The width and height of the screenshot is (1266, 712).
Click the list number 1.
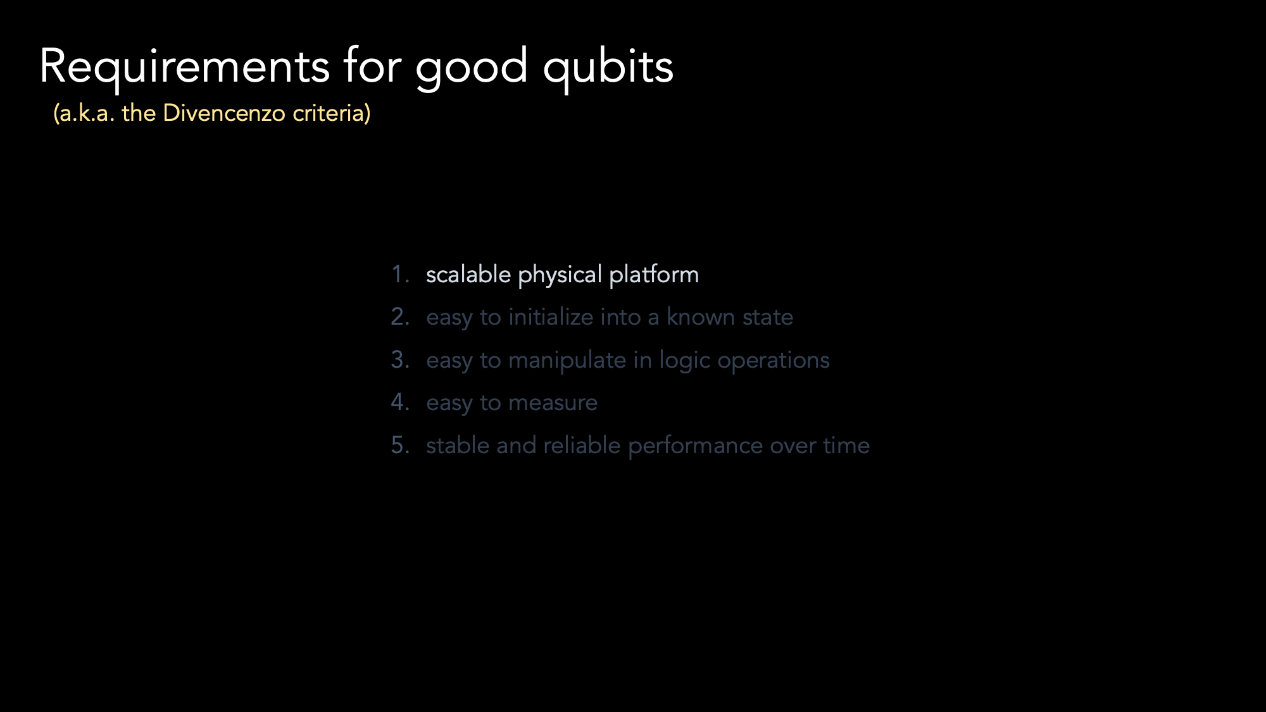[x=400, y=275]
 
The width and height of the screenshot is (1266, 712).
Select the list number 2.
[x=400, y=316]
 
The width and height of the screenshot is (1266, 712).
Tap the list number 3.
[x=400, y=359]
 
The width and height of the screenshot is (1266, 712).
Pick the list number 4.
[x=400, y=402]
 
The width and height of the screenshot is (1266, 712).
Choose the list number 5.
[x=400, y=445]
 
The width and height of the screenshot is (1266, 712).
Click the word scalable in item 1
[x=468, y=275]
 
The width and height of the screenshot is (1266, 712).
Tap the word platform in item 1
[x=654, y=275]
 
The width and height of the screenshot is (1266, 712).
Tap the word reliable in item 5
[x=582, y=445]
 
